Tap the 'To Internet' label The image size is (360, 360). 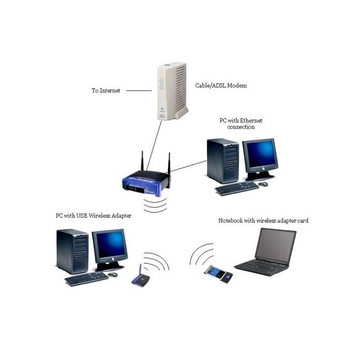pyautogui.click(x=106, y=91)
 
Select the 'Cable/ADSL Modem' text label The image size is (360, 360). pyautogui.click(x=221, y=86)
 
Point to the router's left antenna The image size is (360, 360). pyautogui.click(x=142, y=162)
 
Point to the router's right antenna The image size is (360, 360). pyautogui.click(x=169, y=163)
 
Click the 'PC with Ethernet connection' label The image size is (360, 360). pyautogui.click(x=241, y=124)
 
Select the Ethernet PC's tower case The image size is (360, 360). pyautogui.click(x=223, y=160)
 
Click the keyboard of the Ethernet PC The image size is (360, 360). pyautogui.click(x=236, y=188)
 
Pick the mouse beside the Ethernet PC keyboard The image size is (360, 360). pyautogui.click(x=263, y=184)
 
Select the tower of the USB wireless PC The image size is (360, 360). pyautogui.click(x=73, y=250)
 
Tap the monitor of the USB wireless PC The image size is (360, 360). pyautogui.click(x=110, y=247)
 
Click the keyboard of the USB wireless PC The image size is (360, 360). pyautogui.click(x=86, y=278)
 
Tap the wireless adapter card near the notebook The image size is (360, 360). pyautogui.click(x=217, y=275)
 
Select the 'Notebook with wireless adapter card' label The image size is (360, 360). pyautogui.click(x=263, y=221)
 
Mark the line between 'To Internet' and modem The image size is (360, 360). pyautogui.click(x=139, y=91)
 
